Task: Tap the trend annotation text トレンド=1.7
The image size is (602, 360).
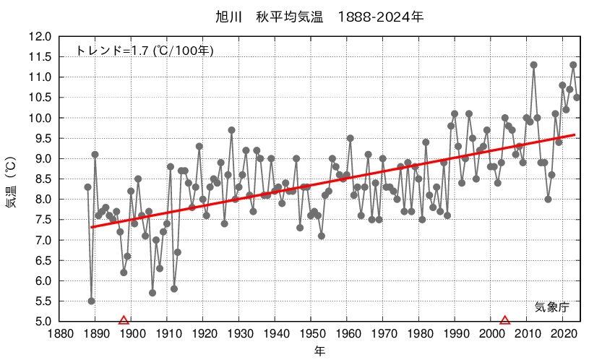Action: (x=145, y=51)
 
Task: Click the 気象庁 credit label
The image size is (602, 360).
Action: (x=552, y=307)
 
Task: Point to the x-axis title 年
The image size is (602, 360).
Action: (x=319, y=351)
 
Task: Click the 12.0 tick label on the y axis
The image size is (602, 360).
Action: (x=40, y=37)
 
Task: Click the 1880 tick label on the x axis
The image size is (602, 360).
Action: (x=59, y=334)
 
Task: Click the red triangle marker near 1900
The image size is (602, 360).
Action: (x=124, y=320)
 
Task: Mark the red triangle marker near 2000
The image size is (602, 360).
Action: (x=505, y=320)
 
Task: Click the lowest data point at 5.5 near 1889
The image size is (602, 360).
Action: (x=91, y=301)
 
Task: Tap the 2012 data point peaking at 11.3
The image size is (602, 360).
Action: (x=533, y=65)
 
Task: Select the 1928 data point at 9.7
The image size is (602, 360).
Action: (x=231, y=130)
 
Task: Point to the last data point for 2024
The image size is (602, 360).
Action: (x=577, y=98)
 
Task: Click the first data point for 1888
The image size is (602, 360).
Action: (x=87, y=187)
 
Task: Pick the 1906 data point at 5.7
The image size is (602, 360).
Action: (x=152, y=293)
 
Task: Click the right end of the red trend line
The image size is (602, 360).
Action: (x=575, y=134)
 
